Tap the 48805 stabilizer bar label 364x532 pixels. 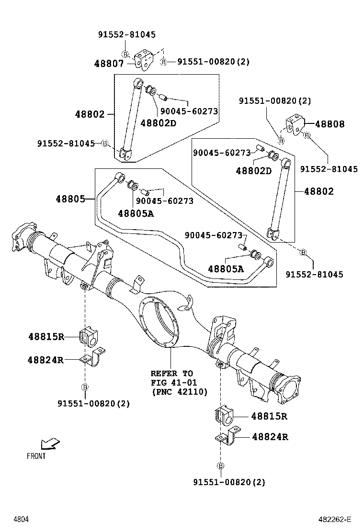tap(70, 198)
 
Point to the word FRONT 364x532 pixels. tap(36, 456)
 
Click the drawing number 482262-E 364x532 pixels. tap(336, 519)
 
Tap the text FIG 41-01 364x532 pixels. tap(173, 382)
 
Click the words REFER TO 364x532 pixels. tap(171, 373)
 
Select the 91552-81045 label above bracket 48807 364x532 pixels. tap(127, 35)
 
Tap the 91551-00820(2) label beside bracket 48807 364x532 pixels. tap(213, 62)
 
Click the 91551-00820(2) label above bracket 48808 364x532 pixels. tap(275, 101)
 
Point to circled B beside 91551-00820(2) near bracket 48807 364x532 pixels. tap(163, 62)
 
